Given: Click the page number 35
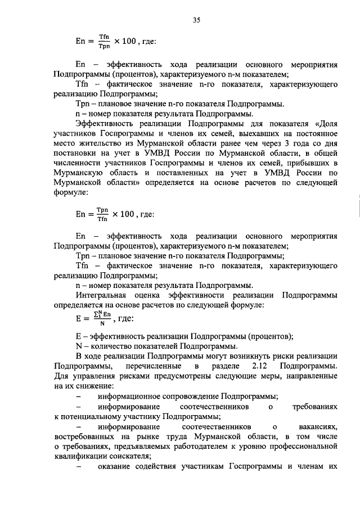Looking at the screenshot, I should [x=197, y=21].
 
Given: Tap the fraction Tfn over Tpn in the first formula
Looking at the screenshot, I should [x=103, y=42].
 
